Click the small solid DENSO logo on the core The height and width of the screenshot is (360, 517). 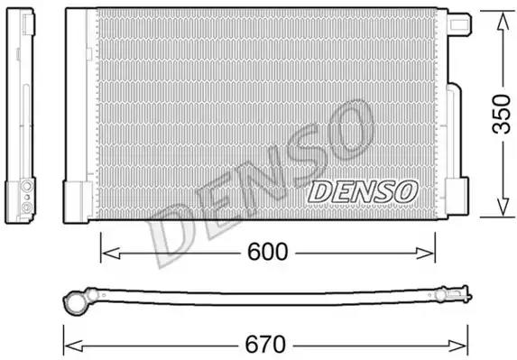[363, 191]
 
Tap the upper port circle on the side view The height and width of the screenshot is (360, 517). [27, 184]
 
